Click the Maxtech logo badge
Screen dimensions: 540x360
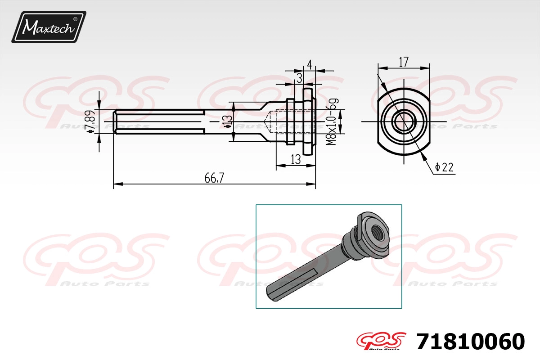49,27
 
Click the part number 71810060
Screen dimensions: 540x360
470,342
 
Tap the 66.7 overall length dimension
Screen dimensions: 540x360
214,178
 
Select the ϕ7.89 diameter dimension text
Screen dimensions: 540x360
90,122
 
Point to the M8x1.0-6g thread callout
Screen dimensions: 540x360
332,121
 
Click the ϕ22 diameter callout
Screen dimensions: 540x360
444,167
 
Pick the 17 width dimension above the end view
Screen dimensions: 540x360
404,62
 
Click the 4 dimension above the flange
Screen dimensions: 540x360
309,65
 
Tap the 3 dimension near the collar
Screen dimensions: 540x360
299,78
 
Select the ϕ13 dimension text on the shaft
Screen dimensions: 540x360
228,121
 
